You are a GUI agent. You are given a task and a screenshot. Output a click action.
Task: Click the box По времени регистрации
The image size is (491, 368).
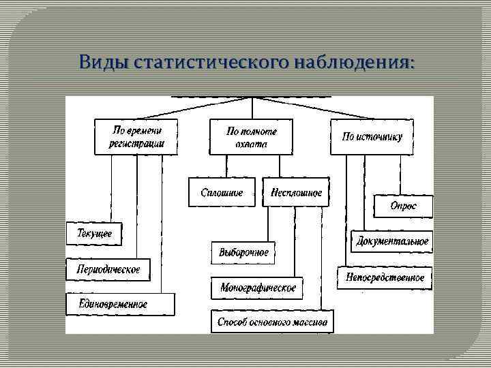tap(136, 136)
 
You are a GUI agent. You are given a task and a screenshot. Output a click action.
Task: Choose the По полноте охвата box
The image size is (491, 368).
tap(252, 136)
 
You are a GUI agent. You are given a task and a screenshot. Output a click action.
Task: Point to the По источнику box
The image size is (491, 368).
tap(372, 136)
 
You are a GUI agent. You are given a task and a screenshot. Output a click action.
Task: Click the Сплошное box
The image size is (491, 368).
tap(222, 193)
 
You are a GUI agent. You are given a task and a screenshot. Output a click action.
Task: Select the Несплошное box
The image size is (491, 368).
tap(295, 193)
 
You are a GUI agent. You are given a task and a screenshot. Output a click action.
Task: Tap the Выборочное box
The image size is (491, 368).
tap(243, 252)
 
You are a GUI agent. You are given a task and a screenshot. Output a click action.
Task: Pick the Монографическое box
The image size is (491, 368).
tap(258, 288)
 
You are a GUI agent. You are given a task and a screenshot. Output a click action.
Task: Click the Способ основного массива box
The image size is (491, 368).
tap(272, 322)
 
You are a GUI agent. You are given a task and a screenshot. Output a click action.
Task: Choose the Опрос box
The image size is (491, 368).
tap(402, 206)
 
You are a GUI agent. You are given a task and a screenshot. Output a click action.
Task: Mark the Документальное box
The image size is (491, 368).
tap(392, 241)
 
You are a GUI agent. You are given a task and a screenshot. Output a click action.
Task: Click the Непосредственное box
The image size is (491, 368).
tap(385, 277)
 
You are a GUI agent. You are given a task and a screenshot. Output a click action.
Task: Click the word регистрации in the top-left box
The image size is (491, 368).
tap(136, 144)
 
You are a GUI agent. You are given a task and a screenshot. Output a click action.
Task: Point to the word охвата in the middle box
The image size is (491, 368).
tap(252, 144)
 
